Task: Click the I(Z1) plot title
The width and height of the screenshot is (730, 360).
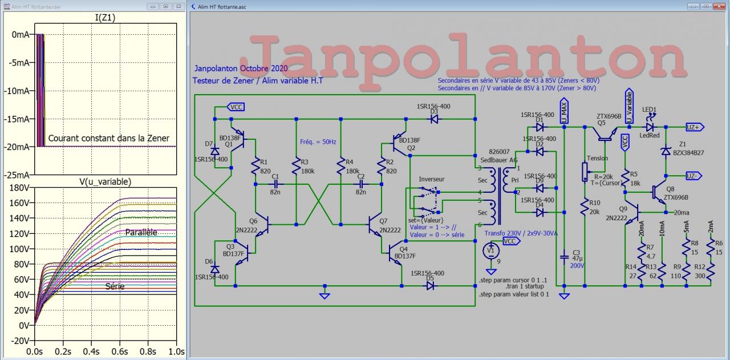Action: [105, 18]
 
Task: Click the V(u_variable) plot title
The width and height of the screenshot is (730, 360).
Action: [105, 181]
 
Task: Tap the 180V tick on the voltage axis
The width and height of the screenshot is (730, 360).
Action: [20, 187]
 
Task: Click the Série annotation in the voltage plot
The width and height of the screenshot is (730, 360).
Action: [115, 286]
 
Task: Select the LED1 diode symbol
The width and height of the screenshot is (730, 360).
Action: [650, 127]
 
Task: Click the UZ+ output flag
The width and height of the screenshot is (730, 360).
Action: [695, 127]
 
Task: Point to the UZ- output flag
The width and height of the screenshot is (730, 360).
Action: [695, 176]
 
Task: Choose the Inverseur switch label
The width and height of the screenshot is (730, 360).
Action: [431, 179]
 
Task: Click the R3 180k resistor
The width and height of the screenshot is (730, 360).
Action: [297, 166]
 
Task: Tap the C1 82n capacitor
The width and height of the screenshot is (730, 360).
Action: [275, 184]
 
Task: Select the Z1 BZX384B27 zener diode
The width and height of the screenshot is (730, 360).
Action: [665, 151]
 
